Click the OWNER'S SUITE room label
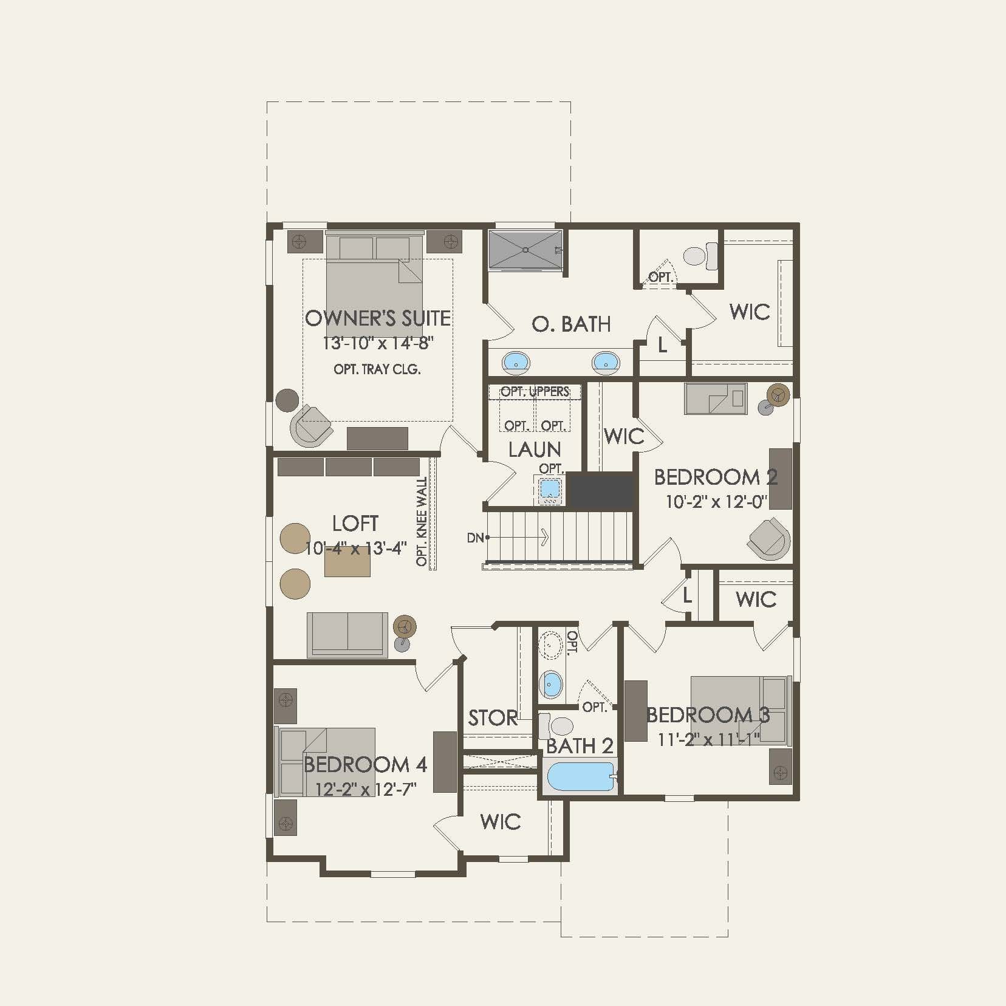(x=377, y=318)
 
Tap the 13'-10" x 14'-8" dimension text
(x=377, y=343)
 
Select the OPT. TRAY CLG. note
(x=377, y=369)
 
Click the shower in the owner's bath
(x=525, y=250)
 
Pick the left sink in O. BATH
(x=516, y=363)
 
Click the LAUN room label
(x=534, y=450)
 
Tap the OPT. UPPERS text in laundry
(x=535, y=392)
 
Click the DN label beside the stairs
(x=475, y=538)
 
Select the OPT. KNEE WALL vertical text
(x=422, y=521)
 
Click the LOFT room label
(x=355, y=523)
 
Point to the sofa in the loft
(x=347, y=634)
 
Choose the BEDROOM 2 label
(x=716, y=477)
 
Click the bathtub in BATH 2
(x=580, y=778)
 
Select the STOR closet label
(x=493, y=718)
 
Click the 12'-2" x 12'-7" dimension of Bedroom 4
(x=365, y=789)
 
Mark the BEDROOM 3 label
(x=708, y=715)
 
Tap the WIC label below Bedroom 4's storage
(x=500, y=822)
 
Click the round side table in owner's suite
(x=287, y=400)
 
